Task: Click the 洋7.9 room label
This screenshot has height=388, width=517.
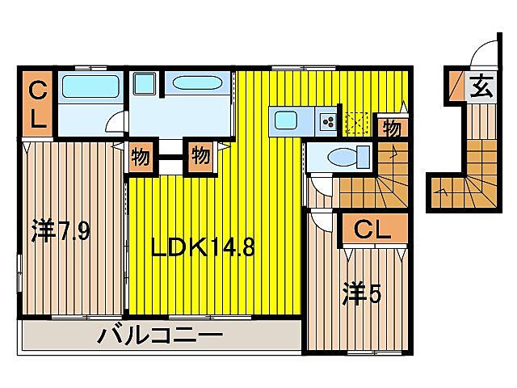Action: coord(61,232)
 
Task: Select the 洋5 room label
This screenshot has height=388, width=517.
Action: coord(360,293)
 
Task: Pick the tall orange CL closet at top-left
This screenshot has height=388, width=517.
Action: coord(38,105)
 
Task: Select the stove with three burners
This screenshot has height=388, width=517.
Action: coord(329,121)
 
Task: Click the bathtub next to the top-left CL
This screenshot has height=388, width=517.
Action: coord(90,86)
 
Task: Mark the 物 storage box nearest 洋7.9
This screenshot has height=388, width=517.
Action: coord(141,157)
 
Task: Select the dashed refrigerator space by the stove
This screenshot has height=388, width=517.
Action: coord(355,123)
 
